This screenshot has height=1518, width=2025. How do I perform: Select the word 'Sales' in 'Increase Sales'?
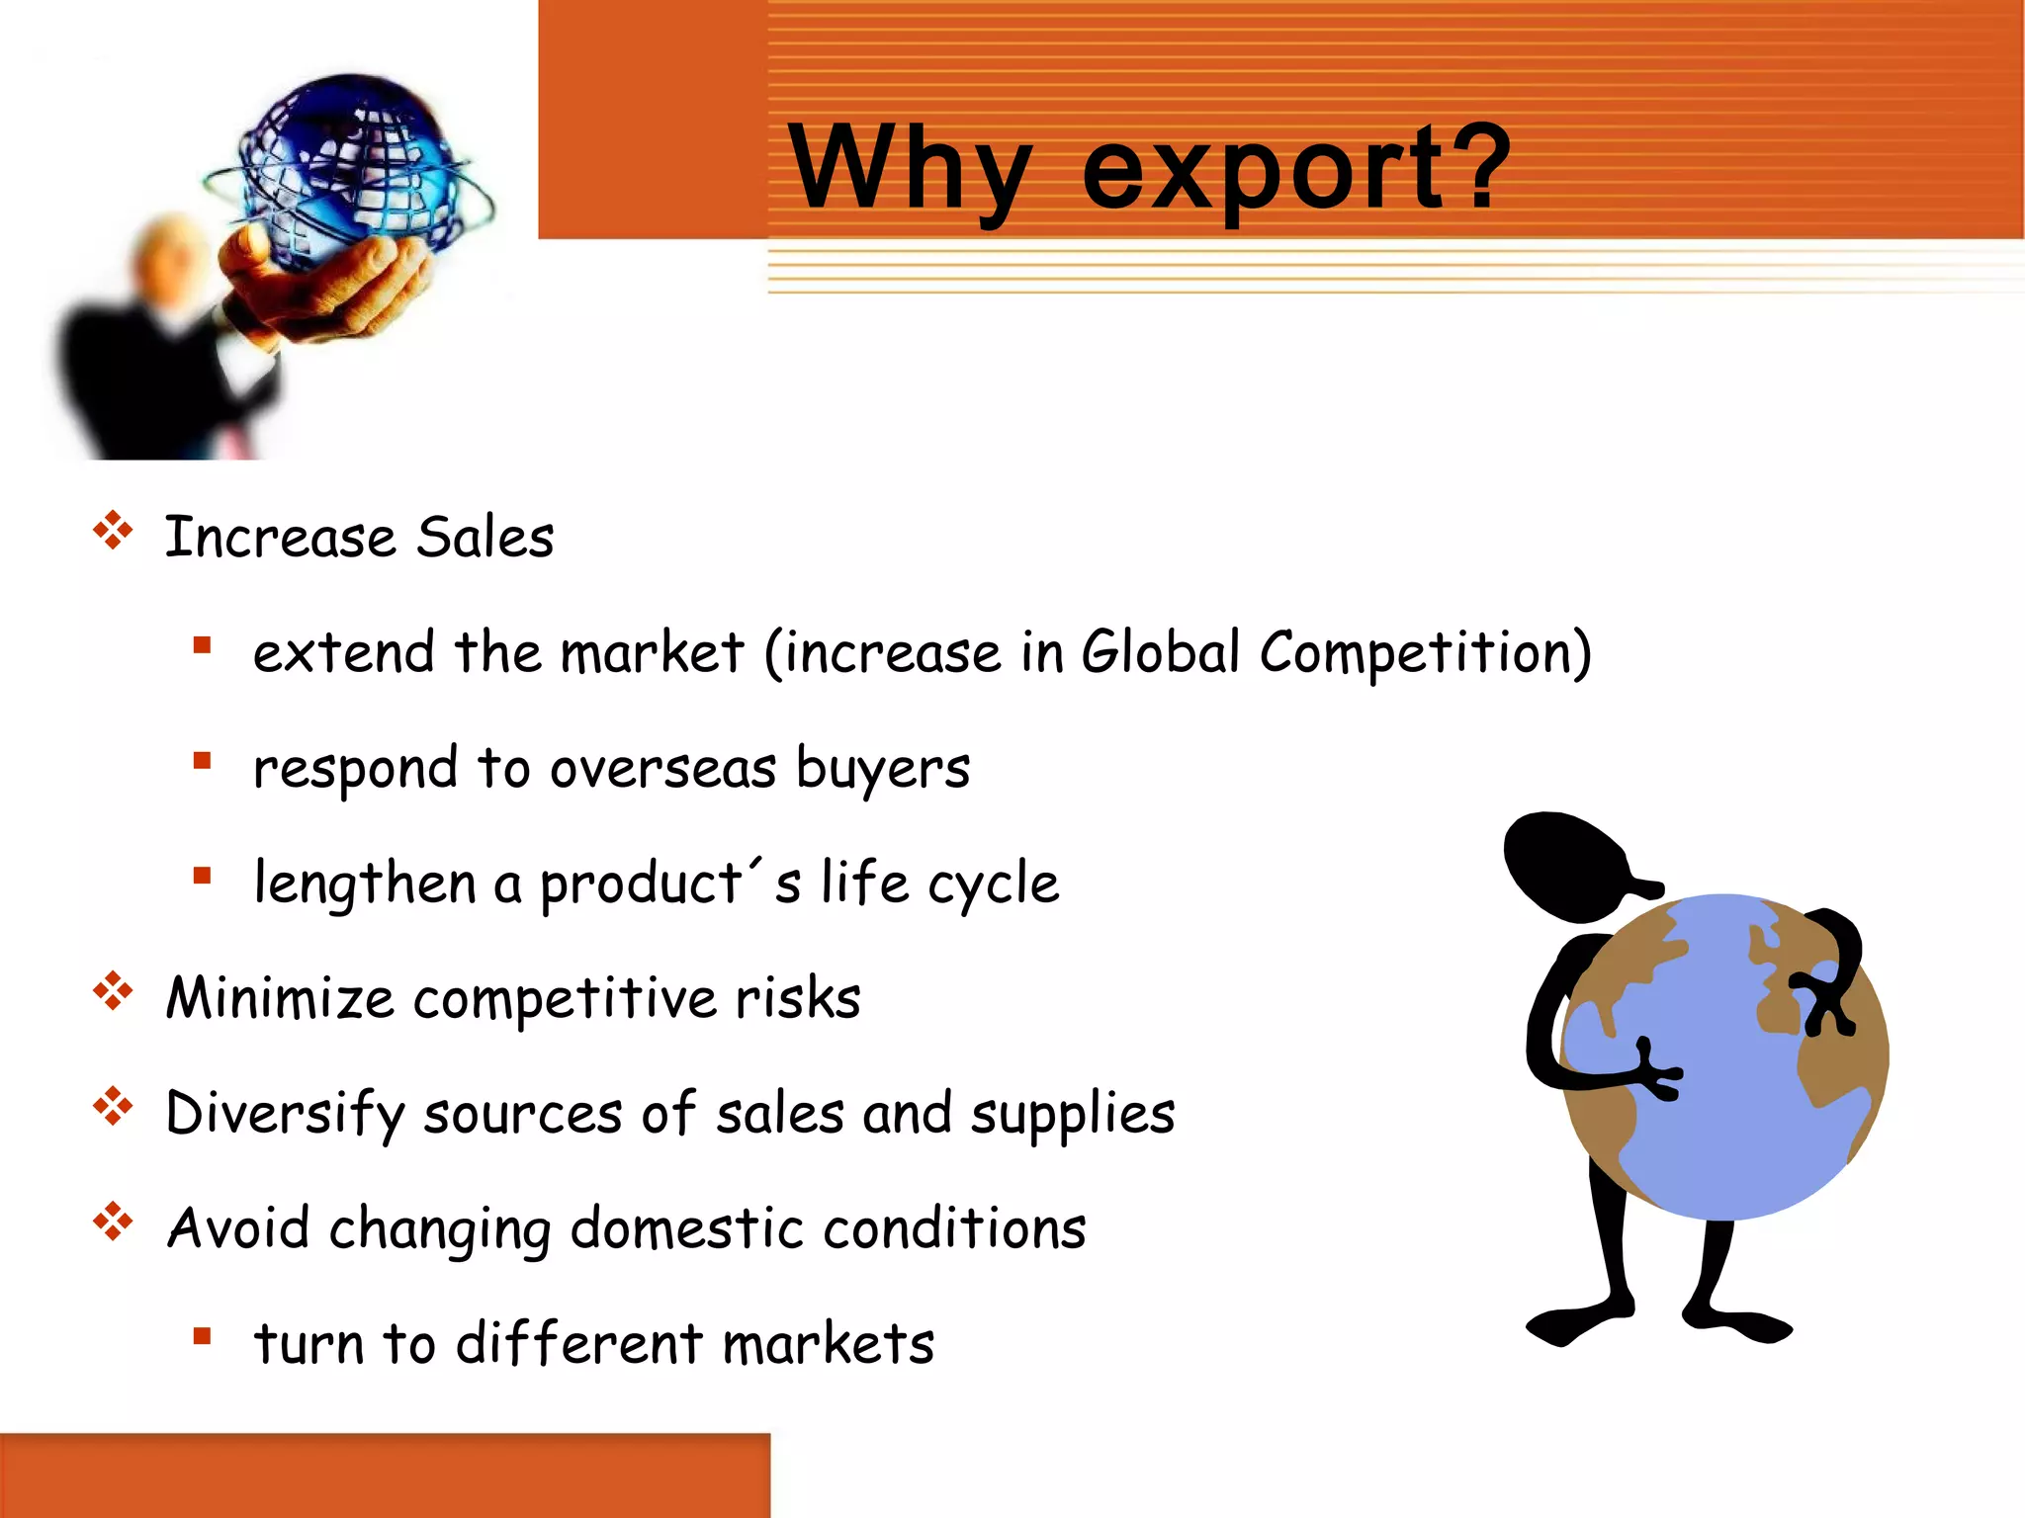(484, 539)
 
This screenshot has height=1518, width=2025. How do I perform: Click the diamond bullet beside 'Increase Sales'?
(113, 531)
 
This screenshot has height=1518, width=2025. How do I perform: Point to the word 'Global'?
(1160, 652)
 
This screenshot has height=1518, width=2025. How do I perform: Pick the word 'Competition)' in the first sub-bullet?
(1425, 654)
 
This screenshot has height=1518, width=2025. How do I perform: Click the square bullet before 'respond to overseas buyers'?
(203, 761)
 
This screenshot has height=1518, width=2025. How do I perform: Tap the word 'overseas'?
(662, 769)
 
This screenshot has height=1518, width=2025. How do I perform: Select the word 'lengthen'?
(365, 883)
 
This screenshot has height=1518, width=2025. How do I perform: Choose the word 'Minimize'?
(280, 998)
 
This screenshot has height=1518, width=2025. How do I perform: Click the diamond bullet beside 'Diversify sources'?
(113, 1107)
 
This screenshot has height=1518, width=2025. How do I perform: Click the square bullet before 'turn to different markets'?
(203, 1337)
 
